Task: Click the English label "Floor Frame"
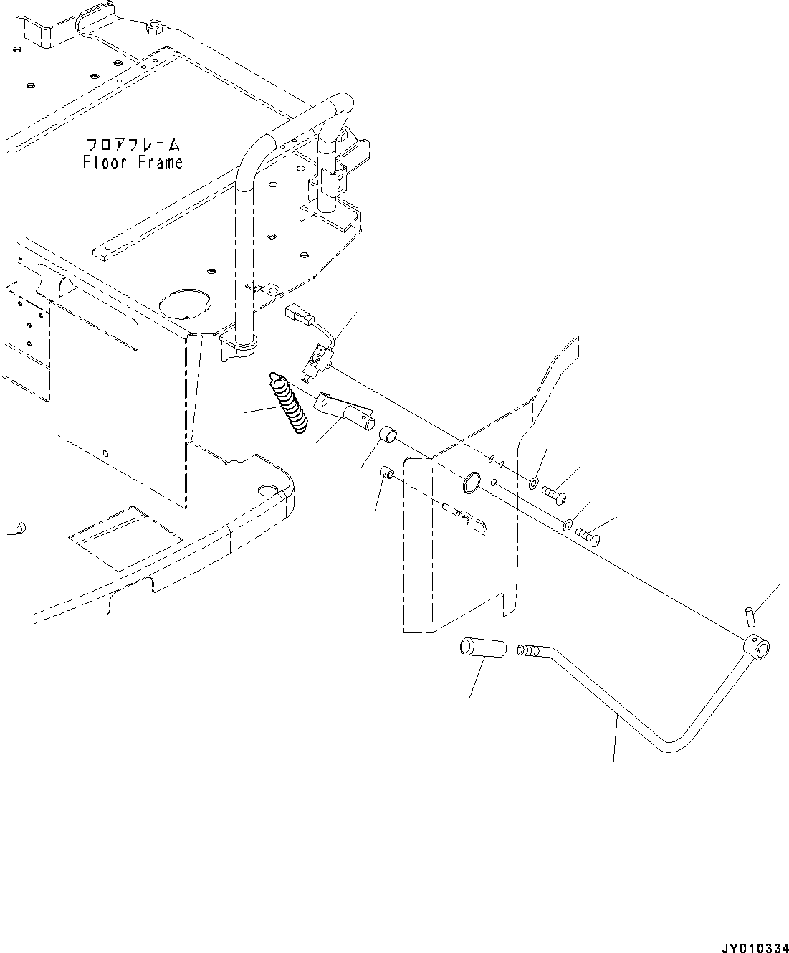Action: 133,163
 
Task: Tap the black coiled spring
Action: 288,403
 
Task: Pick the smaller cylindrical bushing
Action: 387,473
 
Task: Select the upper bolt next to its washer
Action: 556,496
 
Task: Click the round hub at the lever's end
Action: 757,647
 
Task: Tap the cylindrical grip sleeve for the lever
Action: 479,648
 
